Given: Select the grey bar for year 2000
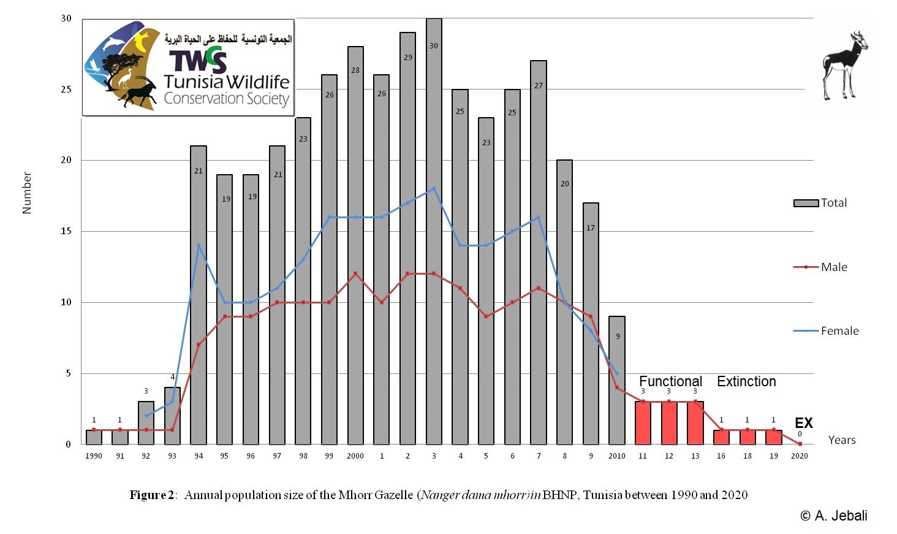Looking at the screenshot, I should pyautogui.click(x=355, y=245).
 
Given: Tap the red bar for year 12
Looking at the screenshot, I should pyautogui.click(x=669, y=423).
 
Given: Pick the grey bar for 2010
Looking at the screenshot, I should pyautogui.click(x=617, y=380).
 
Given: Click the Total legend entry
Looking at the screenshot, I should pyautogui.click(x=820, y=203).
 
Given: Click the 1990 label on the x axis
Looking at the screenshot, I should pyautogui.click(x=94, y=456).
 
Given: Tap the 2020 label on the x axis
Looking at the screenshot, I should pyautogui.click(x=800, y=456).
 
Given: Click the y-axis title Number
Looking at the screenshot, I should pyautogui.click(x=26, y=193).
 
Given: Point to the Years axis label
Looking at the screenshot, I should pyautogui.click(x=842, y=440).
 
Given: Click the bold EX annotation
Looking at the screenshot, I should pyautogui.click(x=804, y=423).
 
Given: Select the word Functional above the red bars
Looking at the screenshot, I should pyautogui.click(x=671, y=381).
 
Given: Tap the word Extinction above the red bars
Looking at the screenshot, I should pyautogui.click(x=746, y=381).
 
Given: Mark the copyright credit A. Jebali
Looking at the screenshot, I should pyautogui.click(x=834, y=516).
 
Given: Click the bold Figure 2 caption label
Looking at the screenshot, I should pyautogui.click(x=153, y=495).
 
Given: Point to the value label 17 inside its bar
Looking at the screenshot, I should pyautogui.click(x=591, y=228).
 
